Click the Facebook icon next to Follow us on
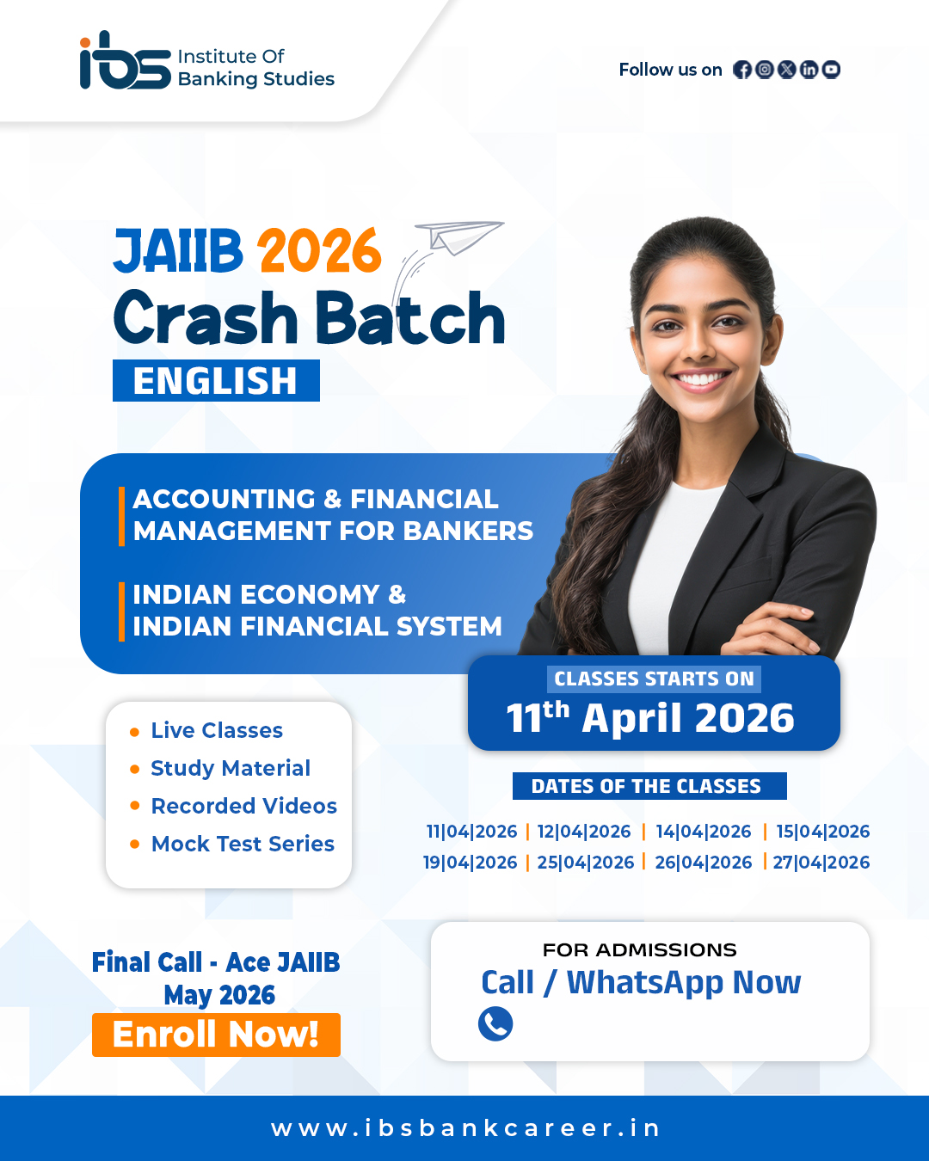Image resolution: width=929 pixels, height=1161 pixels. click(x=742, y=70)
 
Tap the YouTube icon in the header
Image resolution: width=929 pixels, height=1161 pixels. click(x=831, y=70)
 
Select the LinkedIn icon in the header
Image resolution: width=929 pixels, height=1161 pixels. click(x=809, y=70)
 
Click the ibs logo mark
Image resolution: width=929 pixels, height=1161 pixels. click(x=125, y=63)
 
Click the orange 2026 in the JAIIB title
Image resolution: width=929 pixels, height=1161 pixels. click(x=319, y=251)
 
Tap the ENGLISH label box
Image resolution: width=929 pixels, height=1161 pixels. click(x=216, y=381)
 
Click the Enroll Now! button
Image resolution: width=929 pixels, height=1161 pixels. click(x=216, y=1035)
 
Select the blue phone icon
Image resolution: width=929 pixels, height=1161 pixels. click(x=495, y=1023)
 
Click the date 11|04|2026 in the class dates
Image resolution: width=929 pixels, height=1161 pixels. click(x=471, y=832)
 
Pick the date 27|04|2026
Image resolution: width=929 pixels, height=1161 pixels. click(x=821, y=863)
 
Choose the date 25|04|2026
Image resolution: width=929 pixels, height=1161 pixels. click(x=585, y=863)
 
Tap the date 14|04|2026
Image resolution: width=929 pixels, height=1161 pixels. click(x=703, y=832)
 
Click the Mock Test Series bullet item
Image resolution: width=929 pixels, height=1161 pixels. click(x=243, y=844)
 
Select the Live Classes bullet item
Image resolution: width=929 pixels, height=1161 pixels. click(x=217, y=730)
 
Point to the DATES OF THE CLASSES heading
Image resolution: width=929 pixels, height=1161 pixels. click(x=647, y=786)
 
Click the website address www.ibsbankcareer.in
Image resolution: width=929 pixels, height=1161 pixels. click(x=465, y=1128)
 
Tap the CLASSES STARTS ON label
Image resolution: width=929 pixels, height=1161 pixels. click(x=654, y=679)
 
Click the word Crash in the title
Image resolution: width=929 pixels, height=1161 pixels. click(x=206, y=319)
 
